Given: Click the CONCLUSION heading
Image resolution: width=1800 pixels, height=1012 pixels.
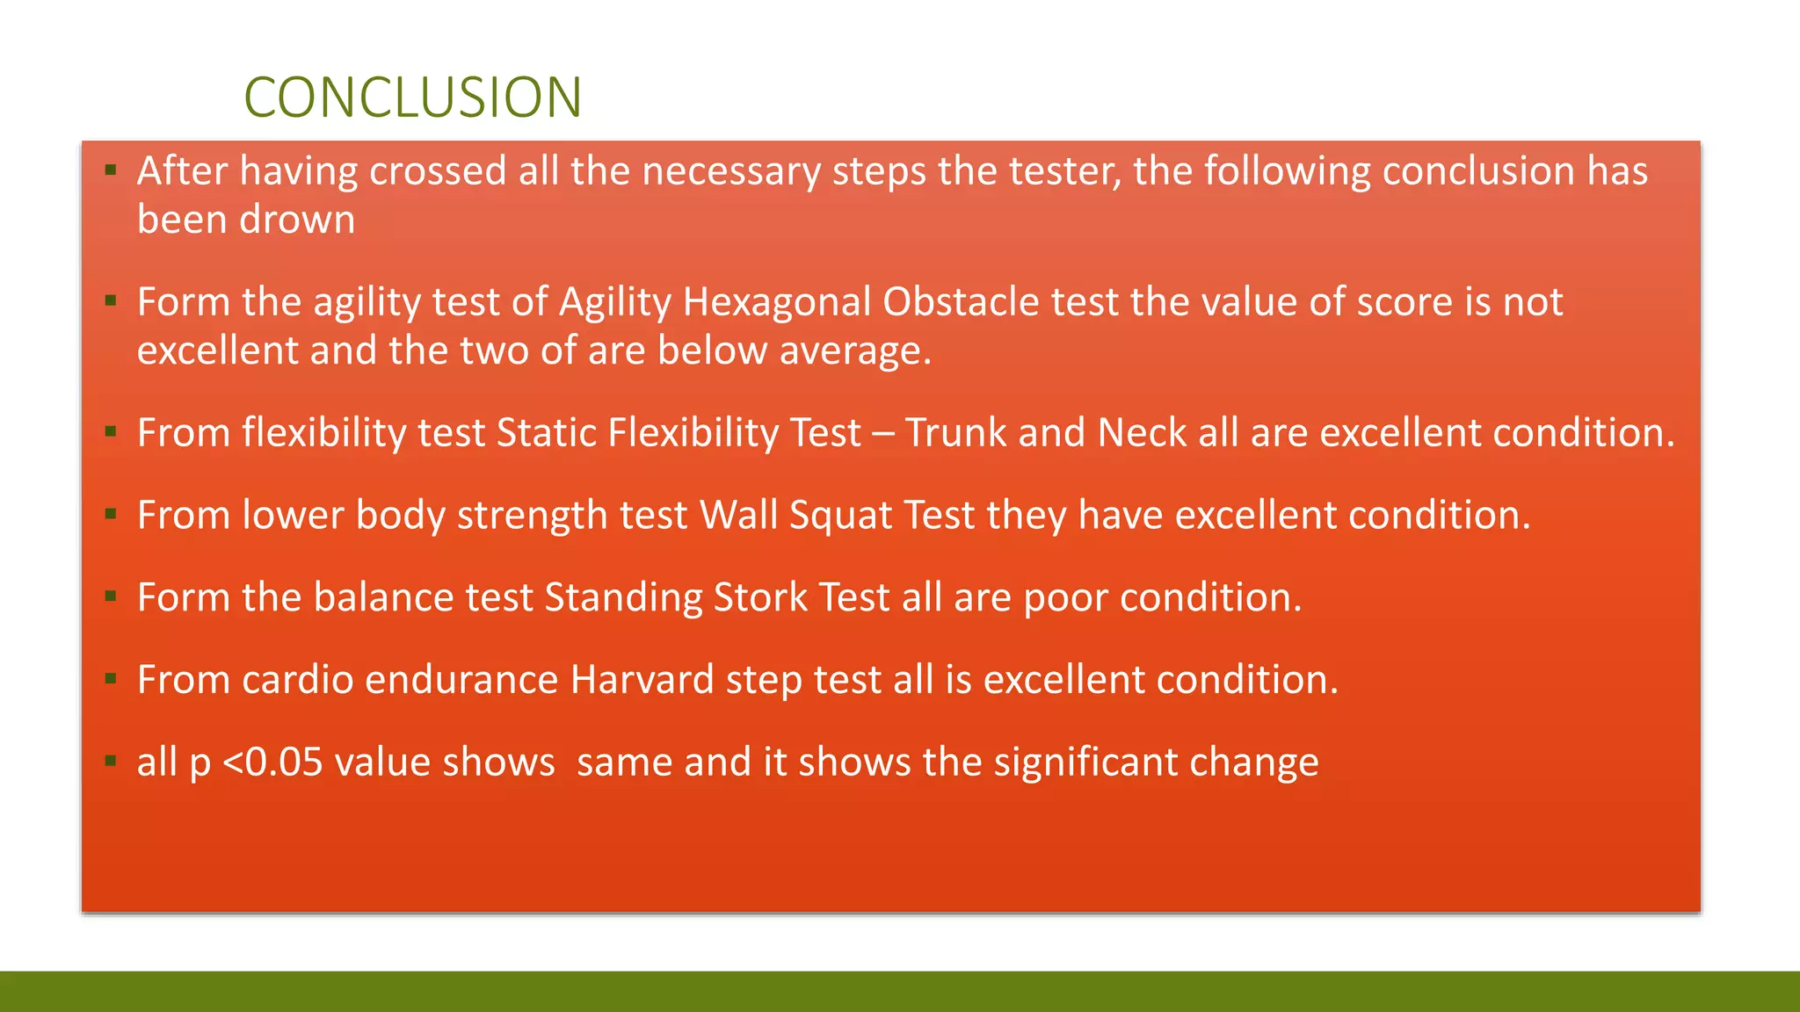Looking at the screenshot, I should pos(412,97).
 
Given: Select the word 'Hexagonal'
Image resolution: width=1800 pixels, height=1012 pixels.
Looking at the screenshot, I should pos(777,302).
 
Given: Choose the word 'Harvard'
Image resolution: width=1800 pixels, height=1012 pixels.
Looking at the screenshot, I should pos(642,680).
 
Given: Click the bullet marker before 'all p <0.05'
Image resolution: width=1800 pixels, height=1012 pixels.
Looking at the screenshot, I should pos(111,761).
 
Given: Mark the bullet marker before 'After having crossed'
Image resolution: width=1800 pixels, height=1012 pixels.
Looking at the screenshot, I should pos(111,170).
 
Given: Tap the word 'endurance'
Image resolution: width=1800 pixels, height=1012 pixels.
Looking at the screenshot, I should pos(461,680).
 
